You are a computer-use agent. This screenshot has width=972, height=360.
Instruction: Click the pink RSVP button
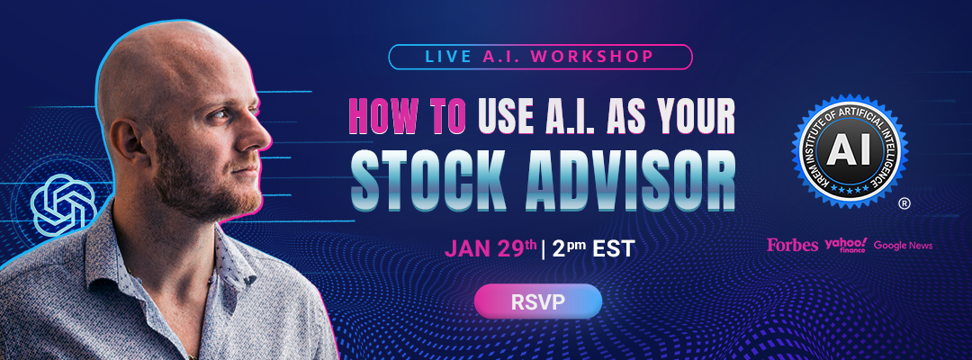click(x=538, y=301)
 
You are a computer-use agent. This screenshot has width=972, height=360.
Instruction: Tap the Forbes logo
click(x=793, y=245)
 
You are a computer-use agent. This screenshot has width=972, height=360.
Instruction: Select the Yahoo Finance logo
click(x=845, y=245)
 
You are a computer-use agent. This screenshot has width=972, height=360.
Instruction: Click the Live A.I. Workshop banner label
click(x=540, y=56)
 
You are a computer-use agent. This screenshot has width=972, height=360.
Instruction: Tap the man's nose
click(x=260, y=135)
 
